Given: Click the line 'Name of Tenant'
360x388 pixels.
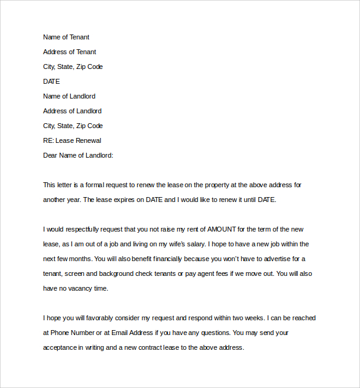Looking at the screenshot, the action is coord(66,37).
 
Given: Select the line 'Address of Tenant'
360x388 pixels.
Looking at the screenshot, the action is coord(70,52).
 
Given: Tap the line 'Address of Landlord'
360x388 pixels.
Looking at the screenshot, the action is coord(73,111).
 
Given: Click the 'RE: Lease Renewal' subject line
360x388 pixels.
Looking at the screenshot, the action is coord(72,140).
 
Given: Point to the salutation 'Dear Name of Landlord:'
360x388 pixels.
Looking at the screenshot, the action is coord(78,155).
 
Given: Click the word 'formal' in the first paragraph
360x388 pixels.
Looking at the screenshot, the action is coord(94,185).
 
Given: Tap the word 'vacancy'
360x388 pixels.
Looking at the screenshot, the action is coord(78,288).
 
